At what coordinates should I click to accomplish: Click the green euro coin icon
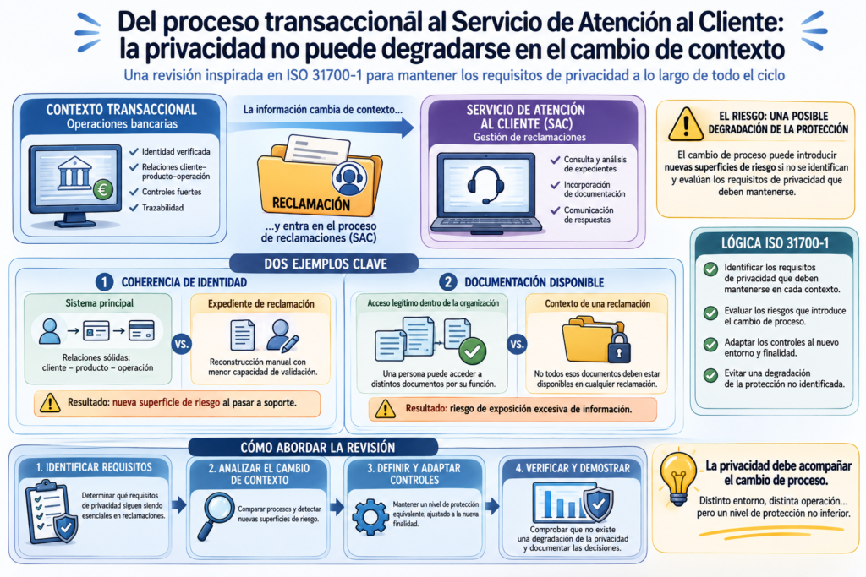tap(102, 189)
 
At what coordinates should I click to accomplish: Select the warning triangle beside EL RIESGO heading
tap(685, 123)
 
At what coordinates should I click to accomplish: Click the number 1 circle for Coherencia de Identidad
tap(104, 282)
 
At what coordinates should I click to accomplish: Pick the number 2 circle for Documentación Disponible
tap(448, 282)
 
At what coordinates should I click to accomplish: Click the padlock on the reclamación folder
tap(619, 347)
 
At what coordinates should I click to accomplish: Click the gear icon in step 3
tap(370, 517)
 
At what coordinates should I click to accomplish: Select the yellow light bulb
tap(678, 477)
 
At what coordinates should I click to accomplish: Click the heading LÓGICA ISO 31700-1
tap(775, 243)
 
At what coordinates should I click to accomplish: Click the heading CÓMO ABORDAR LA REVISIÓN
tap(318, 448)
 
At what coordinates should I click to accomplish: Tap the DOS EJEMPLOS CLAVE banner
tap(326, 264)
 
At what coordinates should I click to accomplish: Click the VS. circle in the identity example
tap(182, 344)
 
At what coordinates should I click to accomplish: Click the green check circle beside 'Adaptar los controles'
tap(710, 344)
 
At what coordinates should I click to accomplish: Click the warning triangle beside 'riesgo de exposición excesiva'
tap(385, 409)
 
